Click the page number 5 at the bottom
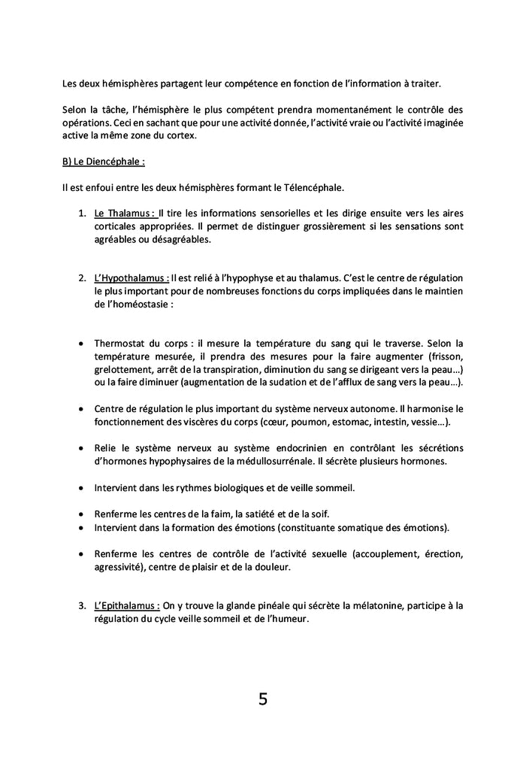pos(262,699)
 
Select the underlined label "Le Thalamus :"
pos(125,213)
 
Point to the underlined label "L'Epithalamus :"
pos(127,605)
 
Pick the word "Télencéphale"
pos(316,186)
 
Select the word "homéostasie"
pos(138,305)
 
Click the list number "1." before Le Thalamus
pos(83,213)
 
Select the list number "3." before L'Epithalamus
pos(83,605)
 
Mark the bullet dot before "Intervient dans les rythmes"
pos(81,488)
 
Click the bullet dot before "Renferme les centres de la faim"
pos(81,514)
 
